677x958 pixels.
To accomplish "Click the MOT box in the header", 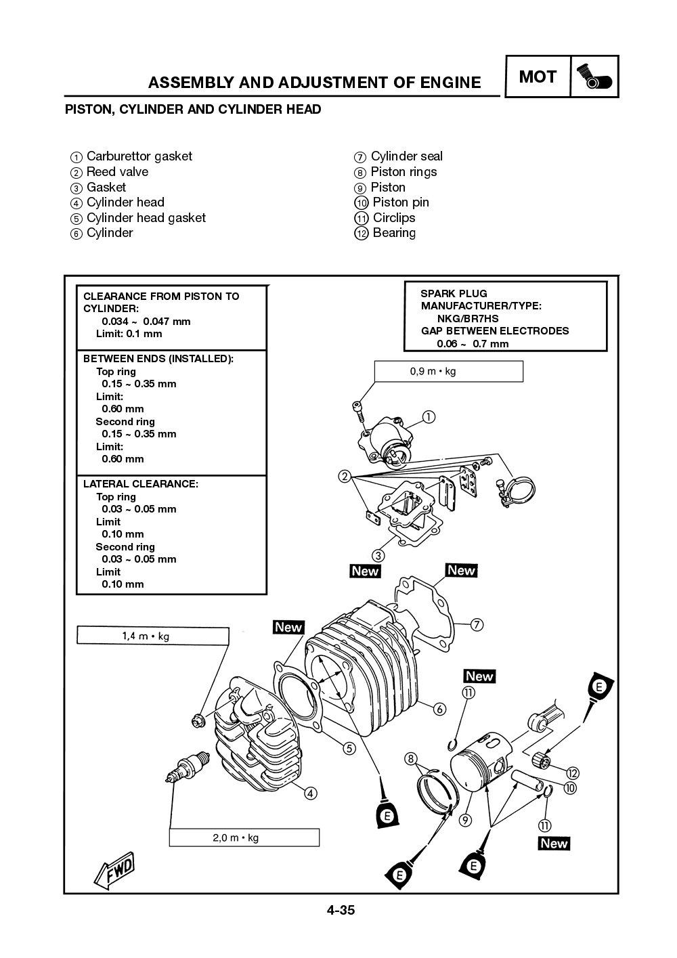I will (x=538, y=77).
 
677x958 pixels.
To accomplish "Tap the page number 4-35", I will (x=341, y=910).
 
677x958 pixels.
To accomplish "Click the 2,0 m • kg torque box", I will (x=244, y=837).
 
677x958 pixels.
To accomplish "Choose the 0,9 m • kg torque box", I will (x=448, y=371).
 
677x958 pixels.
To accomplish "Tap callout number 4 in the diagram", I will (x=310, y=793).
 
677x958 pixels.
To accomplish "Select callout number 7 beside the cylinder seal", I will (x=477, y=624).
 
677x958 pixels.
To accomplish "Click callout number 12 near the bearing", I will (x=573, y=772).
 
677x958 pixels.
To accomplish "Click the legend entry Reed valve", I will (x=116, y=172).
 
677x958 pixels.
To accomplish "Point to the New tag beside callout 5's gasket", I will (x=288, y=628).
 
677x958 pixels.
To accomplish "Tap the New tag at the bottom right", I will (x=554, y=844).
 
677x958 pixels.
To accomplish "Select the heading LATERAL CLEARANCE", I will (x=140, y=484).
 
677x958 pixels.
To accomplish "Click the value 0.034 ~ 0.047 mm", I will (x=146, y=321).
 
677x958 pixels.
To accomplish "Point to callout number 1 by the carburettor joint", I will (x=428, y=417).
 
